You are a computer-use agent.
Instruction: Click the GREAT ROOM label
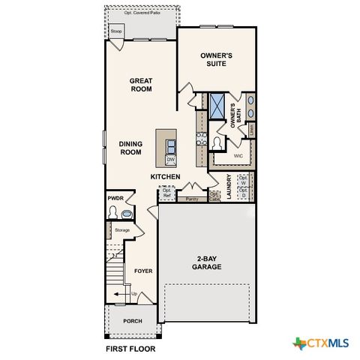pos(141,85)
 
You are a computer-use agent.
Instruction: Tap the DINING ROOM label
pos(130,148)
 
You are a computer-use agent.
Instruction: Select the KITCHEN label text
pos(165,177)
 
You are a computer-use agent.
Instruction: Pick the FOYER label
pos(143,271)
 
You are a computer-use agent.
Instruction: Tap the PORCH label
pos(132,321)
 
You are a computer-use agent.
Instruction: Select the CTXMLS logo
pos(321,343)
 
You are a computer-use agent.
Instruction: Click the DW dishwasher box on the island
pos(170,159)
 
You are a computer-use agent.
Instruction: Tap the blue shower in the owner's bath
pos(217,105)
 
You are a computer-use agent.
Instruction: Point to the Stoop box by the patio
pos(115,31)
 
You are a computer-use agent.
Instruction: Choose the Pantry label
pos(192,199)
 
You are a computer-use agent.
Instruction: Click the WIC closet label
pos(238,156)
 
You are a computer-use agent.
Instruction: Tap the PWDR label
pos(115,198)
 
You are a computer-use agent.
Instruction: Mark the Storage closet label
pos(121,229)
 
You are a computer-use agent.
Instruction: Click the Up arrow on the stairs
pos(134,293)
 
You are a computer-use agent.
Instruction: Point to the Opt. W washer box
pos(243,180)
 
